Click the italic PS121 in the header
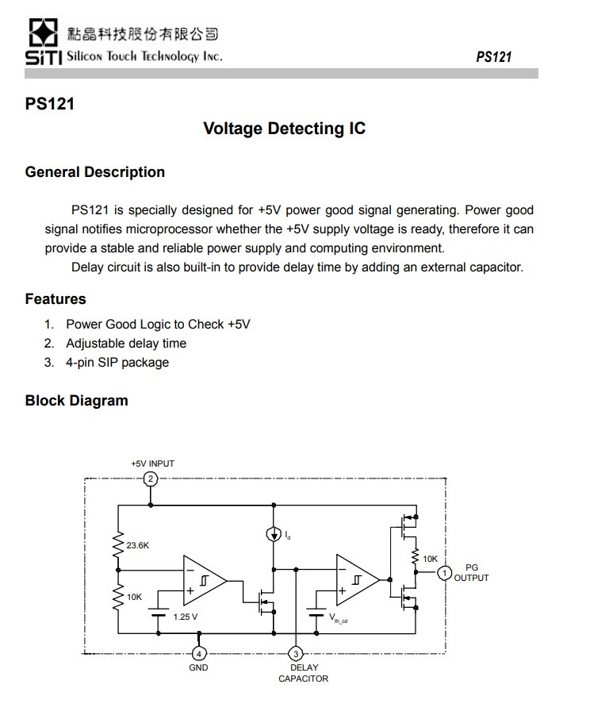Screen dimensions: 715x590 tap(493, 56)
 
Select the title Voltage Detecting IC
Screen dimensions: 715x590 tap(284, 129)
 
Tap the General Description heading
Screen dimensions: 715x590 tap(95, 172)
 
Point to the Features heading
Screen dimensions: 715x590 tap(56, 299)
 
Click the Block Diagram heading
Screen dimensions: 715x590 tap(76, 401)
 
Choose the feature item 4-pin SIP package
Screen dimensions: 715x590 tap(117, 363)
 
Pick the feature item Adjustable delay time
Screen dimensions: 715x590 tap(126, 344)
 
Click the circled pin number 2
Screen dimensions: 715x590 tap(151, 479)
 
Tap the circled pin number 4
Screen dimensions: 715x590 tap(199, 653)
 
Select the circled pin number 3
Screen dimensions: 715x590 tap(297, 653)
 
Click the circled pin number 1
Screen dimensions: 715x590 tap(445, 572)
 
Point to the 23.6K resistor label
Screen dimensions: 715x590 tap(138, 545)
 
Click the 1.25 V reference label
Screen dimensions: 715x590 tap(185, 616)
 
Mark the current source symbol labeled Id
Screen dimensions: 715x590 tap(272, 534)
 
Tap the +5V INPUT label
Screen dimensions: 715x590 tap(152, 463)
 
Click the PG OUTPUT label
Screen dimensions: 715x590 tap(471, 573)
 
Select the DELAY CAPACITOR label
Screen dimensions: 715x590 tap(303, 673)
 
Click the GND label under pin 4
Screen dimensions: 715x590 tap(198, 668)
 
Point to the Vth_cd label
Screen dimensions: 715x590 tap(338, 617)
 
